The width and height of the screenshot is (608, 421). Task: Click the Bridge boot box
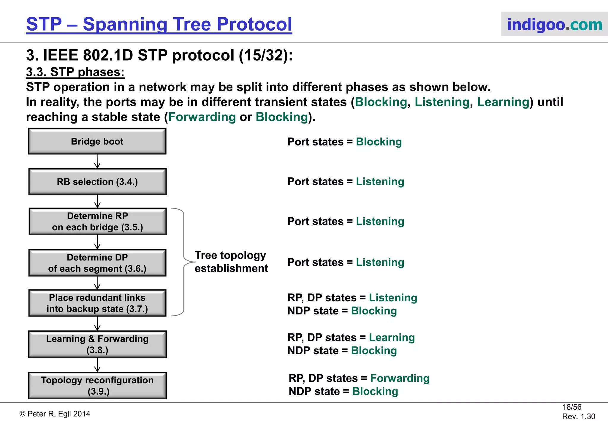coord(97,141)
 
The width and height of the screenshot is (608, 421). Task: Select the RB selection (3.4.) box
coord(97,182)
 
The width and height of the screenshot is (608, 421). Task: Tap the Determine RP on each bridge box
coord(97,221)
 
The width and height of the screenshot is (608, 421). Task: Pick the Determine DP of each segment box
coord(97,263)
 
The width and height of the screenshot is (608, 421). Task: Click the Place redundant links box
coord(97,303)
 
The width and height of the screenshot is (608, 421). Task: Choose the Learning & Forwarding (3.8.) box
coord(97,344)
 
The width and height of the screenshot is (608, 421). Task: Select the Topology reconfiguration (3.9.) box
coord(97,385)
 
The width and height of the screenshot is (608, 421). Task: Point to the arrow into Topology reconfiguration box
coord(97,365)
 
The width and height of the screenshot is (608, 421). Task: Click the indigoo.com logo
coord(554,24)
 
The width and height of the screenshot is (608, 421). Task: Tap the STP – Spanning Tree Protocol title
coord(159,24)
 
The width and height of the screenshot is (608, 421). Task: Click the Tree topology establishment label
coord(231,262)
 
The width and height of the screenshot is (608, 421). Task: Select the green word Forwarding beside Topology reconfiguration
coord(400,378)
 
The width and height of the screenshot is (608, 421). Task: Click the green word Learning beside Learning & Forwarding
coord(392,338)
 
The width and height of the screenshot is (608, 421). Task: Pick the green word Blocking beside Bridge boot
coord(379,142)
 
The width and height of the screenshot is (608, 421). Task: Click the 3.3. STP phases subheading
coord(75,72)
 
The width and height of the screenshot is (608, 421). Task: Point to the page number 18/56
coord(571,407)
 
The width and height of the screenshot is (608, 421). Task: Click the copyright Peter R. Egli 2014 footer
coord(55,414)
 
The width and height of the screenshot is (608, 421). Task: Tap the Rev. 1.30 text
coord(578,416)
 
